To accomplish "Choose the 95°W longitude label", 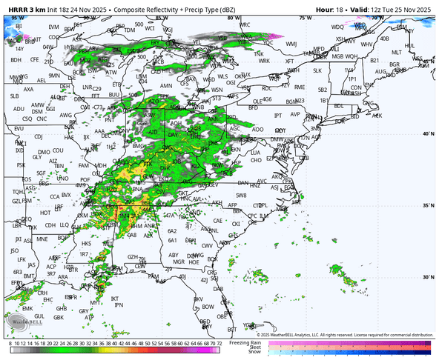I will pos(16,16).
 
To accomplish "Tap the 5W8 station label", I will pos(241,196).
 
